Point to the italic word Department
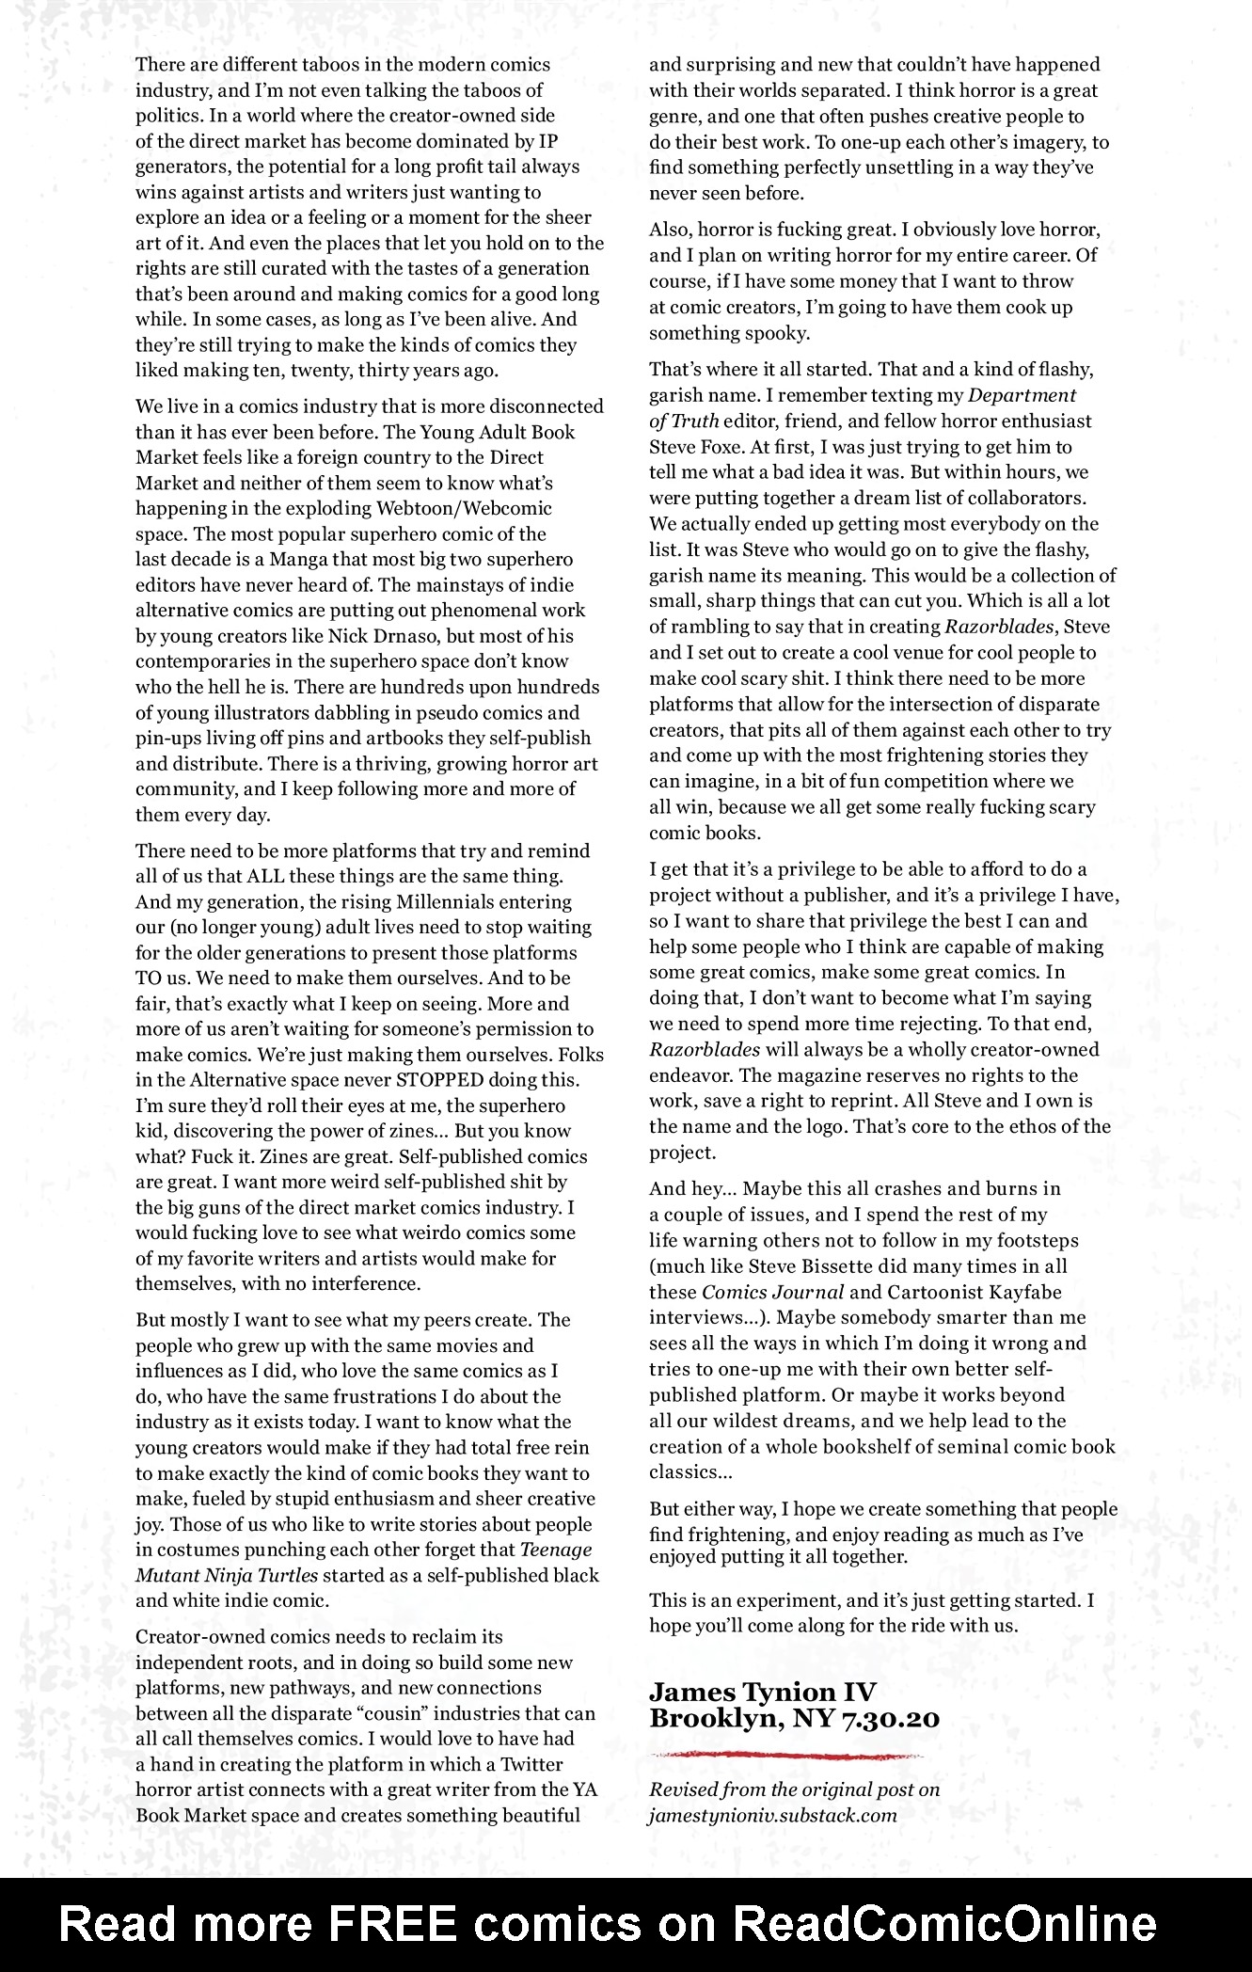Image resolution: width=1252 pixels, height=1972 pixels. pos(1022,395)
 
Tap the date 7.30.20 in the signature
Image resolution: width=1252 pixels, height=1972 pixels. pos(892,1717)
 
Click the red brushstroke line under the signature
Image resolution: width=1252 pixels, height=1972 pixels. pos(785,1755)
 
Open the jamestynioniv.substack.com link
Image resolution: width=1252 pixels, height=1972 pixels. pos(772,1815)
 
